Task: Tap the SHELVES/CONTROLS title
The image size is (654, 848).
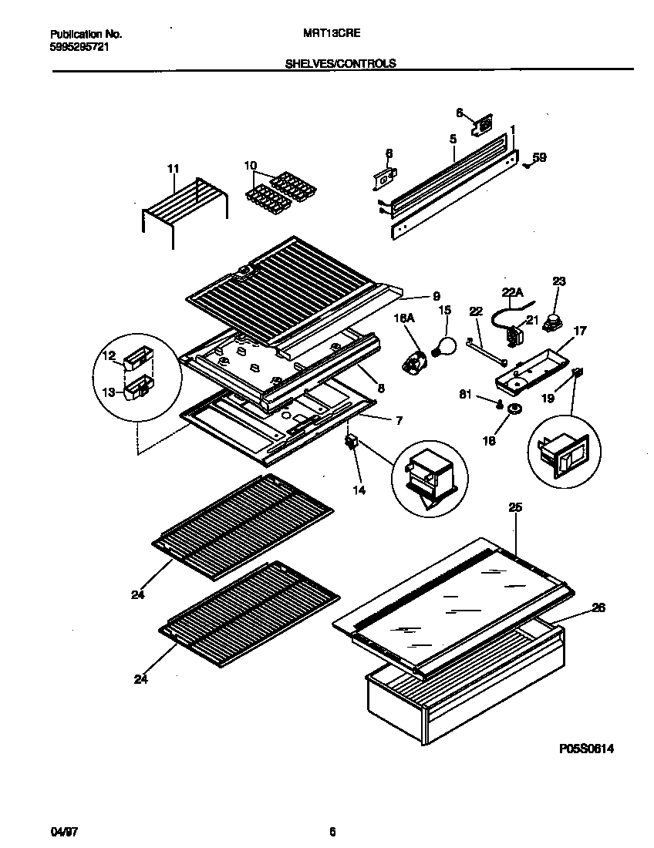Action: tap(340, 64)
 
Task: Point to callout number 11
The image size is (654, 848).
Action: tap(172, 168)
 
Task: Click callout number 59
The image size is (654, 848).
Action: tap(540, 158)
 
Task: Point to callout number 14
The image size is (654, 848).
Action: tap(359, 489)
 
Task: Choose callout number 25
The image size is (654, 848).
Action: tap(514, 507)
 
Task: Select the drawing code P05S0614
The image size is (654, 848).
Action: tap(586, 749)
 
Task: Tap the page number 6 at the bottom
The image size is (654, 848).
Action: tap(332, 832)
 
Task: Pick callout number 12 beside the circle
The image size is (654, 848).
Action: tap(109, 355)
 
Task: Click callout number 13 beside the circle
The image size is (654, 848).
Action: tap(109, 392)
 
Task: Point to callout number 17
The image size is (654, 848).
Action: tap(580, 331)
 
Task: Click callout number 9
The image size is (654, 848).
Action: tap(435, 295)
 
